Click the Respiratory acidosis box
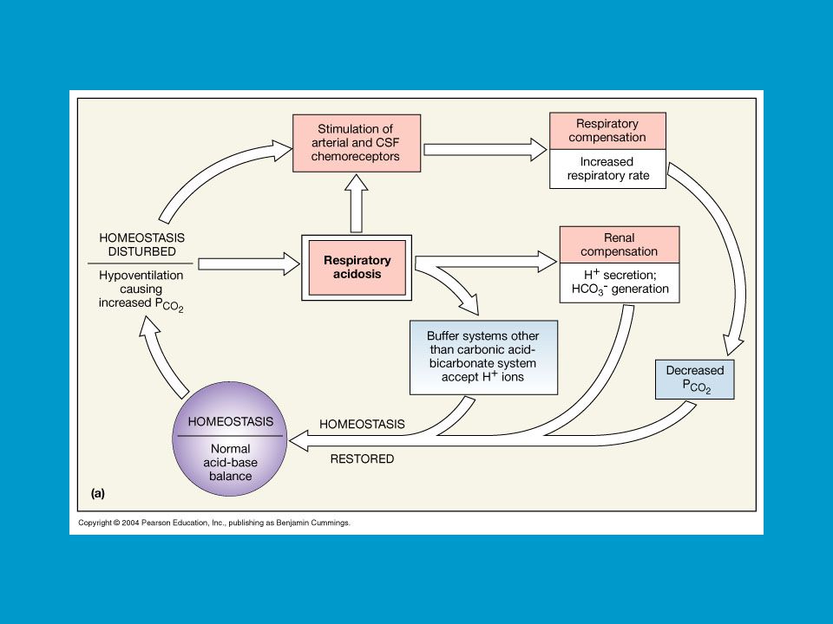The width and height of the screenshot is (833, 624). pyautogui.click(x=357, y=268)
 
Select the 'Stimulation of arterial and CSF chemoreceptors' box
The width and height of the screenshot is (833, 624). pyautogui.click(x=357, y=143)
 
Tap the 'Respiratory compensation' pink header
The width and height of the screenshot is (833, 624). pyautogui.click(x=607, y=131)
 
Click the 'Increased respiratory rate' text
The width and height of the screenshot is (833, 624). pyautogui.click(x=607, y=169)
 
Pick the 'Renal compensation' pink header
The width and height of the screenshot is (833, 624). pyautogui.click(x=620, y=244)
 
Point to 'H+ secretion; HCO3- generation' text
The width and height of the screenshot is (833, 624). pyautogui.click(x=620, y=283)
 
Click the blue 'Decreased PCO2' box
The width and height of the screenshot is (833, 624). pyautogui.click(x=695, y=380)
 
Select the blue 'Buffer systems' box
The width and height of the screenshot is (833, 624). pyautogui.click(x=483, y=357)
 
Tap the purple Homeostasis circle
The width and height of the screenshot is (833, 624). pyautogui.click(x=230, y=439)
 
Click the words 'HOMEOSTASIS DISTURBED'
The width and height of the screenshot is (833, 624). pyautogui.click(x=141, y=244)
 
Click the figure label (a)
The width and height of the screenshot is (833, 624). pyautogui.click(x=98, y=493)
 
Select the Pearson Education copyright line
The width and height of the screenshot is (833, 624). pyautogui.click(x=214, y=523)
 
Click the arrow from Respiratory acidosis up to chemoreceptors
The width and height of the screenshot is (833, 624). pyautogui.click(x=357, y=203)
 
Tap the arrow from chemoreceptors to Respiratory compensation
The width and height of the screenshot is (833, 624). pyautogui.click(x=485, y=150)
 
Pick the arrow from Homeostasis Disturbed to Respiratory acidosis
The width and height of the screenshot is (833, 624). pyautogui.click(x=249, y=263)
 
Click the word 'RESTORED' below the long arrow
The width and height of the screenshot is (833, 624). pyautogui.click(x=363, y=459)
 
